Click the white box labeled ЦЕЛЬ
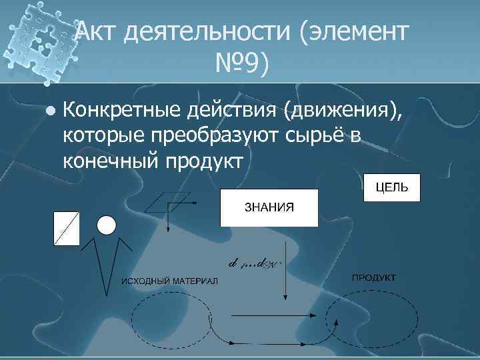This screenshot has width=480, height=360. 392,188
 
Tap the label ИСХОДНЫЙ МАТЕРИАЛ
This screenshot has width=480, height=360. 169,279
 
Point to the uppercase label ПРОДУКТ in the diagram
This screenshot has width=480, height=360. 374,277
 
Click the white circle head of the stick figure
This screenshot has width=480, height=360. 107,225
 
